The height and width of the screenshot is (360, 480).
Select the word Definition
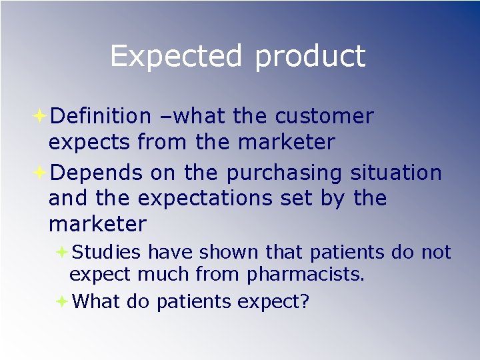[101, 116]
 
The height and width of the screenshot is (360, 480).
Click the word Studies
[107, 252]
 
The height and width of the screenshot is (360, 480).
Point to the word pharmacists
[306, 275]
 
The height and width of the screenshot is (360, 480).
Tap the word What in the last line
[96, 301]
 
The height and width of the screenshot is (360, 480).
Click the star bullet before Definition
[39, 116]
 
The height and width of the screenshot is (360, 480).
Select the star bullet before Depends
[39, 173]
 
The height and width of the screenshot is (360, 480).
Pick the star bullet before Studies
[61, 252]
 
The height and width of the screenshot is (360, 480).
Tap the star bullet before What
[61, 301]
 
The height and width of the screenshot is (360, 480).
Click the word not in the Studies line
[436, 252]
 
